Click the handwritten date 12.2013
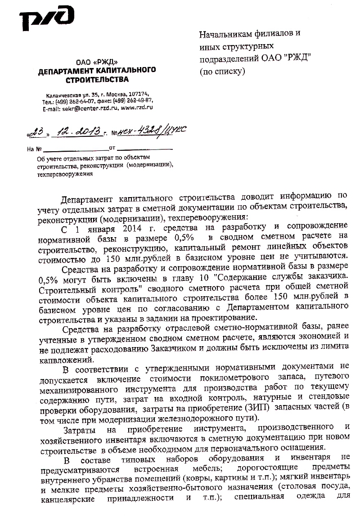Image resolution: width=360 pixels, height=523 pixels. click(79, 131)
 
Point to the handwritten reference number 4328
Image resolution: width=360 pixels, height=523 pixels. click(146, 130)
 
